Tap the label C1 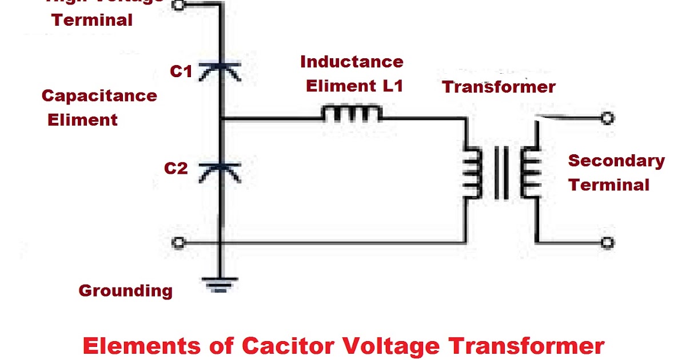(x=181, y=72)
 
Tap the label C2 (x=176, y=169)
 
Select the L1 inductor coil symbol (x=351, y=114)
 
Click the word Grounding (x=125, y=291)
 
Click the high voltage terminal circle (x=178, y=5)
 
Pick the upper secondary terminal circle (x=607, y=119)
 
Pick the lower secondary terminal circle (x=607, y=243)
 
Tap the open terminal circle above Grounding (x=178, y=243)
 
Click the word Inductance (x=352, y=62)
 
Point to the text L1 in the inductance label (x=390, y=86)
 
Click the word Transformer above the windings (x=498, y=87)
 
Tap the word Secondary (x=616, y=161)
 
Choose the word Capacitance (x=99, y=95)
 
